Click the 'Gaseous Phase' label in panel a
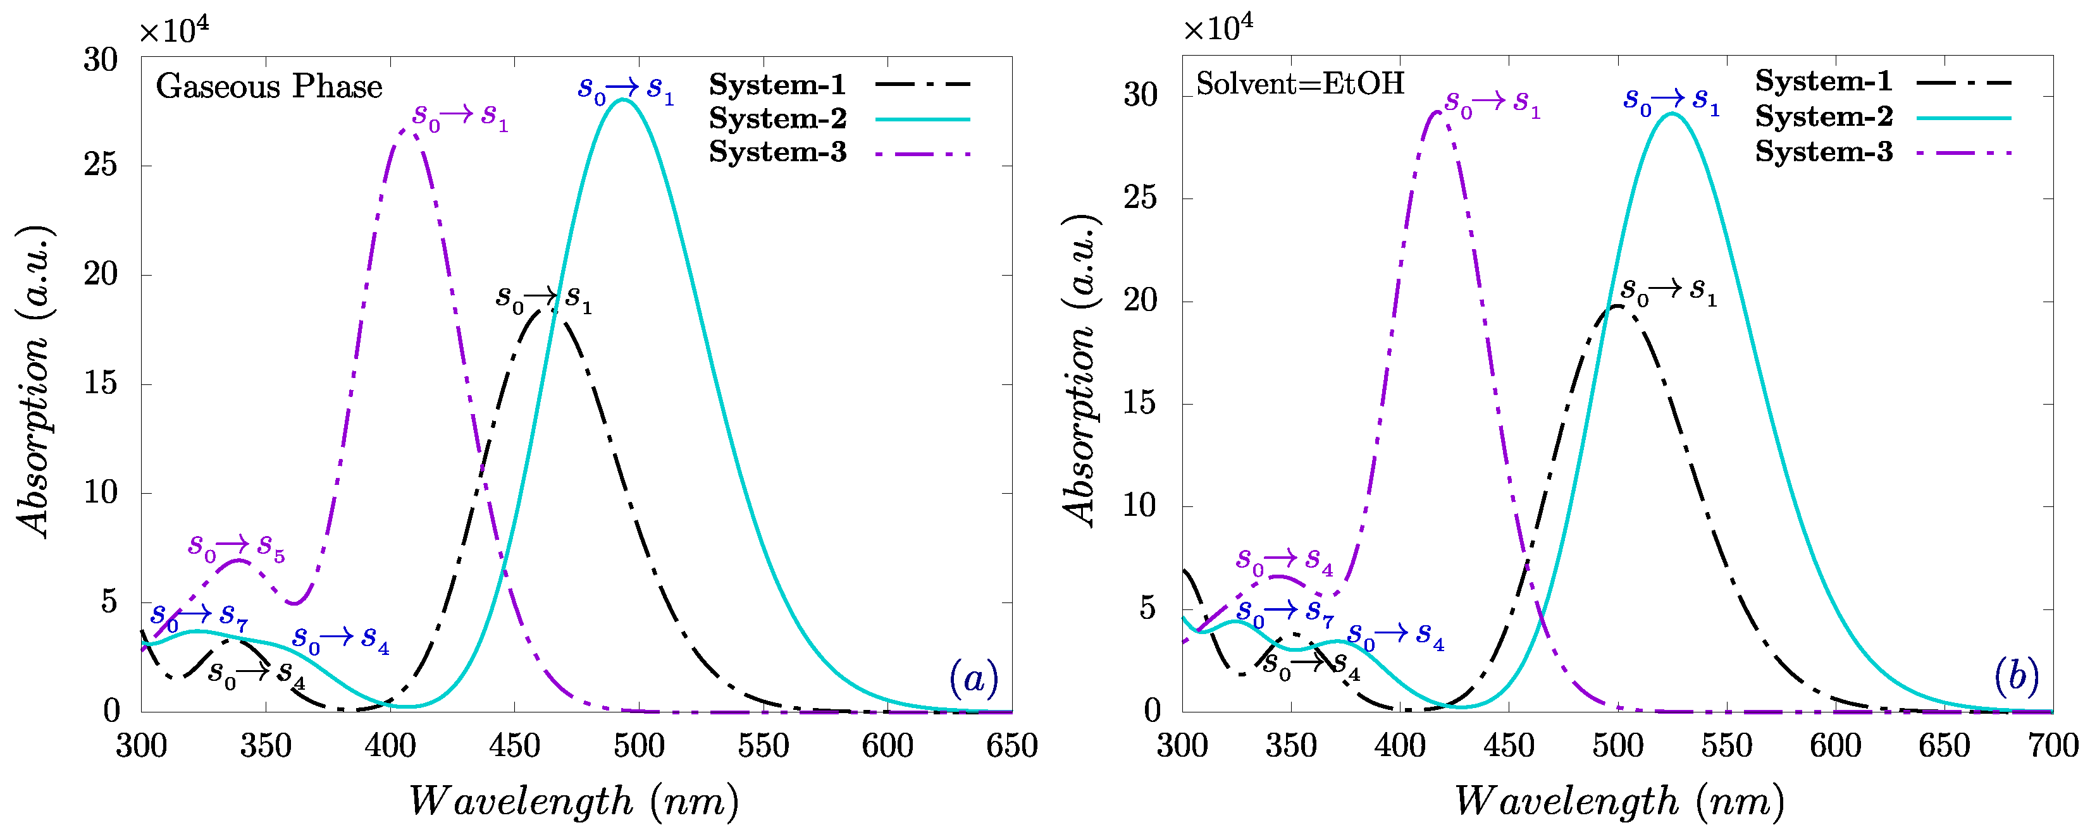click(x=269, y=87)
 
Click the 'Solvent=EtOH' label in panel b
click(x=1300, y=83)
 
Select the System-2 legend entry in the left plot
click(x=839, y=118)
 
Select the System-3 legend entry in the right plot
click(x=1883, y=152)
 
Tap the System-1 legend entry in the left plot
click(x=839, y=84)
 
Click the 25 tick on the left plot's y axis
click(x=101, y=166)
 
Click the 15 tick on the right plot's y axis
click(x=1141, y=403)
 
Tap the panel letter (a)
click(x=974, y=678)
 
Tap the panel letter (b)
click(x=2016, y=676)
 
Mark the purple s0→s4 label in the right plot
click(x=1284, y=561)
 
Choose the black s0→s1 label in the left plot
click(x=543, y=299)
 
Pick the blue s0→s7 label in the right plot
click(x=1284, y=613)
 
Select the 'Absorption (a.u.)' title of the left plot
click(x=34, y=381)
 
